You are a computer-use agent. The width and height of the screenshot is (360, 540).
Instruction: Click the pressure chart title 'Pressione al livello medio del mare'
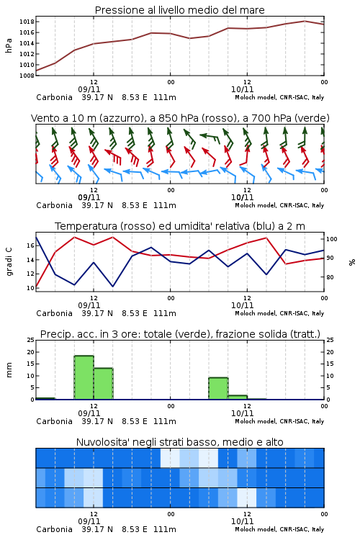(179, 10)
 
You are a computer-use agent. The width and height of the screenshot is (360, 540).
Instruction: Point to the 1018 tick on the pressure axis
(27, 22)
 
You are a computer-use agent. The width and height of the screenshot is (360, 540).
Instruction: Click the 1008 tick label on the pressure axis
(27, 76)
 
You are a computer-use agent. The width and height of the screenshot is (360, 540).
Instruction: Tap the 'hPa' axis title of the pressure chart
(9, 45)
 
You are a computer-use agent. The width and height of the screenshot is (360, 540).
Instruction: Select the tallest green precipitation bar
(84, 377)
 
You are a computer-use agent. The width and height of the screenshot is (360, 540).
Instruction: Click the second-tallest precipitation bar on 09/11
(104, 384)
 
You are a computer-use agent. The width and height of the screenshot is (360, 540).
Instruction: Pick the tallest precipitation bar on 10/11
(218, 389)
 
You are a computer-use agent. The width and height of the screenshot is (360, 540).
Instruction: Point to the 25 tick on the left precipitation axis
(31, 340)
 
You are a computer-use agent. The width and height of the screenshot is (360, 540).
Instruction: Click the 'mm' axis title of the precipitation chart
(9, 370)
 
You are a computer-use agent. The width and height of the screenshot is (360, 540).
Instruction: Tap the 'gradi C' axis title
(9, 261)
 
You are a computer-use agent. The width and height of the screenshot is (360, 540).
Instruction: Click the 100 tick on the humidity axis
(332, 239)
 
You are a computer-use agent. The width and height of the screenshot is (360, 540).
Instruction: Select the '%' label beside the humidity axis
(352, 262)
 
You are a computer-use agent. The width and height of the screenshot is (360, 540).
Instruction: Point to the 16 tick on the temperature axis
(30, 246)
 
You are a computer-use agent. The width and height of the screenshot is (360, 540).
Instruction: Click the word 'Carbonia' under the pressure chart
(55, 97)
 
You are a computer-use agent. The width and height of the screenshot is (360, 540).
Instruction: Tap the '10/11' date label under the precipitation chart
(242, 413)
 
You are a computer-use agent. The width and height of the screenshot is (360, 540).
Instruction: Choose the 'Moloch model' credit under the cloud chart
(256, 529)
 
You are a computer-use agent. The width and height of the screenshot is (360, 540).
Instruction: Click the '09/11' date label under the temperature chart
(89, 305)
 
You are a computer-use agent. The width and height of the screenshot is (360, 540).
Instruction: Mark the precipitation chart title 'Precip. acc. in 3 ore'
(90, 334)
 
